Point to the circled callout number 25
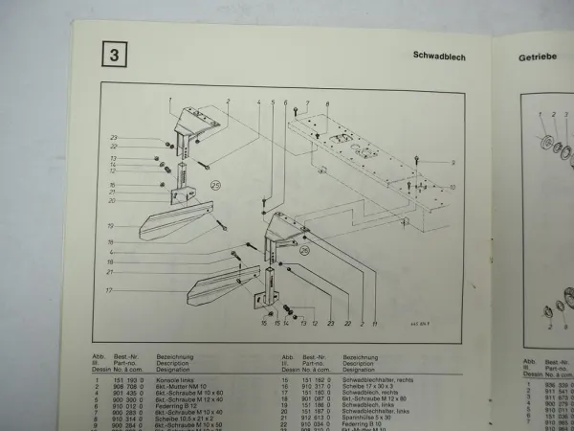click(215, 188)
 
